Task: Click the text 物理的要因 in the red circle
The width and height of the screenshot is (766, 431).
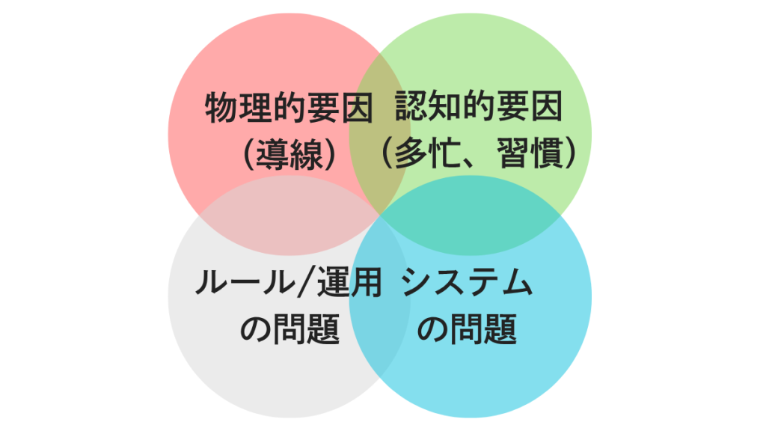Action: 289,106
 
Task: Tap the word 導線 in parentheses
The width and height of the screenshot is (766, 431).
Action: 289,153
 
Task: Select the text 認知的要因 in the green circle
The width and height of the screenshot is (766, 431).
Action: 479,106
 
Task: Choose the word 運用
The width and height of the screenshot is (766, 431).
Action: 349,282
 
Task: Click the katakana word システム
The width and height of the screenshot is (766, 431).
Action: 467,282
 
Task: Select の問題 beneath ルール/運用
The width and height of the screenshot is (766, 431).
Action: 289,328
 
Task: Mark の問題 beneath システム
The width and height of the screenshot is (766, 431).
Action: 467,328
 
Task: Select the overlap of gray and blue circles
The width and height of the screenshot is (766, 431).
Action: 379,296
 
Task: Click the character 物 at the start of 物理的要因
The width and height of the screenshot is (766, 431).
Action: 221,107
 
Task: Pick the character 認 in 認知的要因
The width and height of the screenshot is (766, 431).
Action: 411,106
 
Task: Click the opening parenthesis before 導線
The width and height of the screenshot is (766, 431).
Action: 249,153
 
